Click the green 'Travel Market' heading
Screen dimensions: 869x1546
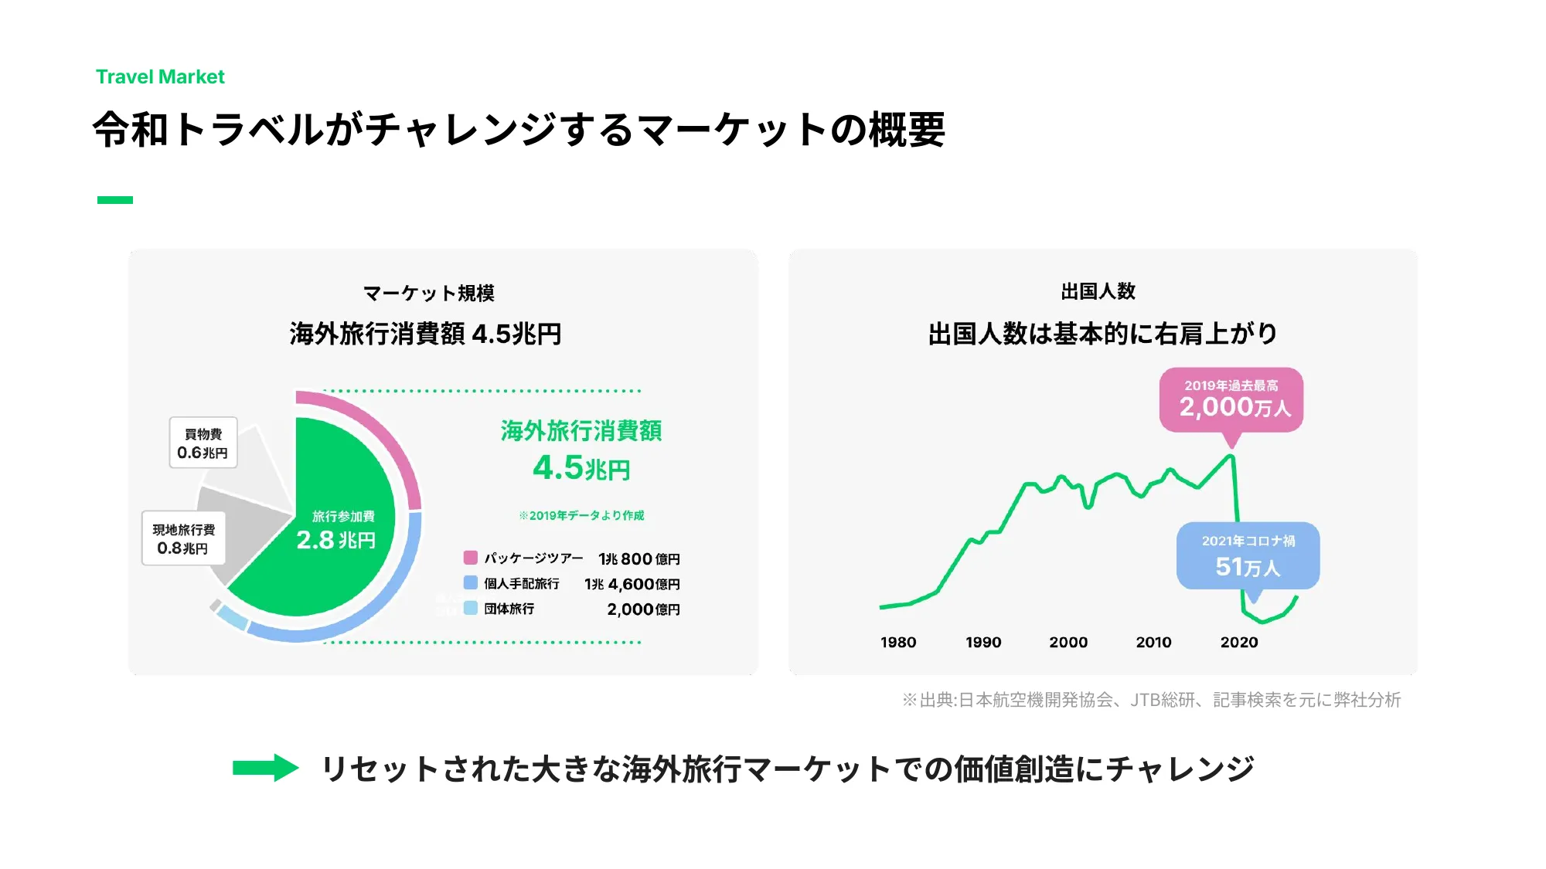(x=160, y=77)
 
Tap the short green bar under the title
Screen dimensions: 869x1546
(x=115, y=200)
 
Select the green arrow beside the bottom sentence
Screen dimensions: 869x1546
(x=265, y=768)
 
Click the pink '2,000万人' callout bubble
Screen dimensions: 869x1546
(x=1231, y=400)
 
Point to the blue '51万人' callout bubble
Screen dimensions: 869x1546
(x=1248, y=556)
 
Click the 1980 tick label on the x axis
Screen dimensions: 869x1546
(x=898, y=643)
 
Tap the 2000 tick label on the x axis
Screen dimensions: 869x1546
(x=1068, y=643)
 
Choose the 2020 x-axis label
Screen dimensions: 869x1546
(x=1239, y=643)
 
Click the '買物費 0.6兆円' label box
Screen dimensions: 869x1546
(x=203, y=443)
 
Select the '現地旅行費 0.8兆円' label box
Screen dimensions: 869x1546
(x=184, y=539)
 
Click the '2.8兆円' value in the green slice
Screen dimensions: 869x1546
(x=336, y=540)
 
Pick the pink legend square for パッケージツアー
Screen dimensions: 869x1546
(x=471, y=558)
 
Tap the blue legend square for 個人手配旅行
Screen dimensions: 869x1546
(x=471, y=583)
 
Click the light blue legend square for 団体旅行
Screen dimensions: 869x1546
(x=471, y=609)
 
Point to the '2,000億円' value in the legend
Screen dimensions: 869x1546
(x=643, y=609)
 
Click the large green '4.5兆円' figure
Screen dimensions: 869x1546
(x=581, y=468)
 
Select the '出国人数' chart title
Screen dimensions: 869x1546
(x=1098, y=291)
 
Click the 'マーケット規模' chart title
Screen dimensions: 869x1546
(x=429, y=294)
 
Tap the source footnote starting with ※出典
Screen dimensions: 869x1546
(x=1152, y=700)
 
